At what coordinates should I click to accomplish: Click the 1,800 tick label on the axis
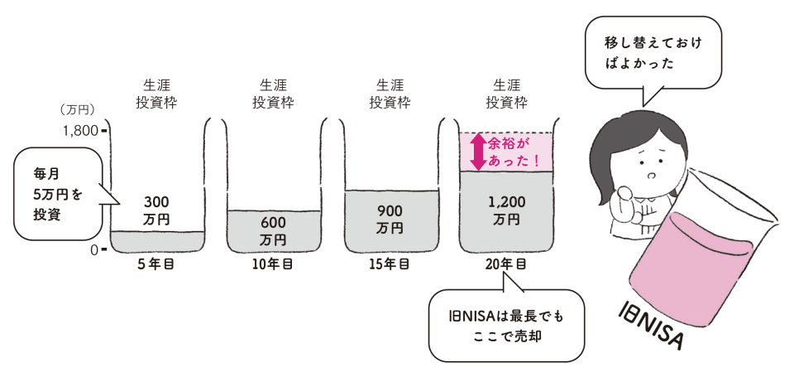pos(79,130)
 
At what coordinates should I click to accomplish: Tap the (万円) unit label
pos(79,109)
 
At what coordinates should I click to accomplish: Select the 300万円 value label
pos(156,210)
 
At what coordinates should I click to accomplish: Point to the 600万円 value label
pos(273,231)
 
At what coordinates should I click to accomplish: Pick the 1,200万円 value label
pos(506,211)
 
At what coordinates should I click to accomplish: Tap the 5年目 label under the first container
pos(157,265)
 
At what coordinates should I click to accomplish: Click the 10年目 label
pos(273,265)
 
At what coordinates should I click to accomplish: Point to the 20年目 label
pos(506,265)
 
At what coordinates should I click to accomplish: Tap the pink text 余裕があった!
pos(514,152)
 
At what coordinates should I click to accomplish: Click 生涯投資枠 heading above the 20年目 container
pos(506,94)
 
